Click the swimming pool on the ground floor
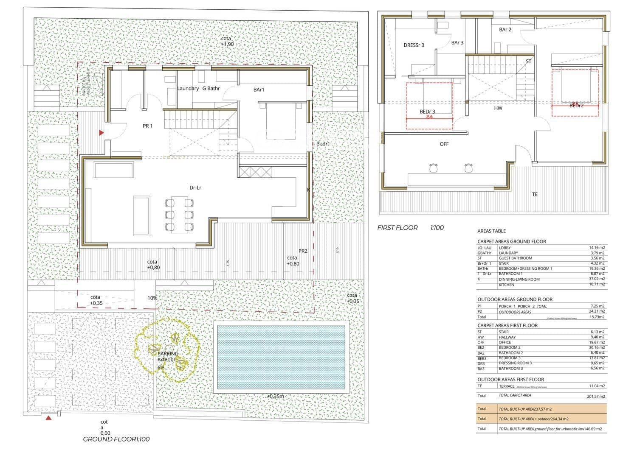281,358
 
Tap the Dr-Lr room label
195,187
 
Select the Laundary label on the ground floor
188,89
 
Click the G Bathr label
211,89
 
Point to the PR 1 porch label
147,126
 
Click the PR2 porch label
303,251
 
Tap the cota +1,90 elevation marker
227,42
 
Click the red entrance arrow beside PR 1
101,133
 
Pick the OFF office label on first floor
444,144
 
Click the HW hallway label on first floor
498,108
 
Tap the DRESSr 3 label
414,45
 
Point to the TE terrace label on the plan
535,195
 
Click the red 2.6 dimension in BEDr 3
429,117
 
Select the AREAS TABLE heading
491,231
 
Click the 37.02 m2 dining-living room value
597,279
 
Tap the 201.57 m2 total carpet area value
595,396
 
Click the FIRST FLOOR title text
397,228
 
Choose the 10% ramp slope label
152,298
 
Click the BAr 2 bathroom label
505,30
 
